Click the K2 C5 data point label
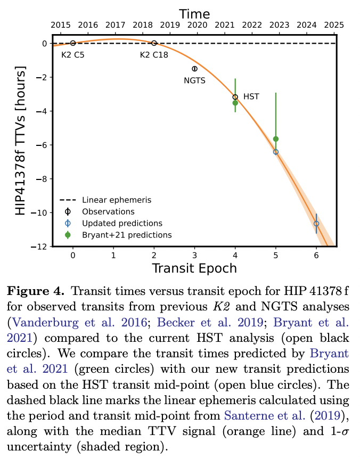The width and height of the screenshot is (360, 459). (x=72, y=54)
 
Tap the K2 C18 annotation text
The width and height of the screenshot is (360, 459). (x=154, y=54)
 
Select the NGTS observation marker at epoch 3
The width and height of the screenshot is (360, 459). (x=194, y=69)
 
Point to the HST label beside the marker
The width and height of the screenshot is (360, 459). (x=251, y=97)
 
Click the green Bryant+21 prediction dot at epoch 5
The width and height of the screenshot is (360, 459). (x=275, y=139)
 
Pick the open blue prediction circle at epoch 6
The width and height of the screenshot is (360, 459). (x=316, y=224)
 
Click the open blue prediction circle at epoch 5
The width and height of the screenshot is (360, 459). (x=275, y=152)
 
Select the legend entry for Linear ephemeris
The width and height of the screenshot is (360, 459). (x=116, y=200)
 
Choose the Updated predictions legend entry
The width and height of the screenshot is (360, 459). (x=122, y=223)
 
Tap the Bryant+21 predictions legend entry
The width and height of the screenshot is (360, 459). (x=127, y=235)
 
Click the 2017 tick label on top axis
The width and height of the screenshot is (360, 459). (x=115, y=25)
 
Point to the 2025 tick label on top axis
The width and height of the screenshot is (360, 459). (x=333, y=25)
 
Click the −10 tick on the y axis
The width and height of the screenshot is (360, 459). (x=38, y=212)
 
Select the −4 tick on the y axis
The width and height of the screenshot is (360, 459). (x=41, y=111)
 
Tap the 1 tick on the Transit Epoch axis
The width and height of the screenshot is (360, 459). (x=113, y=255)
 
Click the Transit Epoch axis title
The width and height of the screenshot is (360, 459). (x=194, y=267)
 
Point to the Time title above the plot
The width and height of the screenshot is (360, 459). (x=194, y=13)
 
